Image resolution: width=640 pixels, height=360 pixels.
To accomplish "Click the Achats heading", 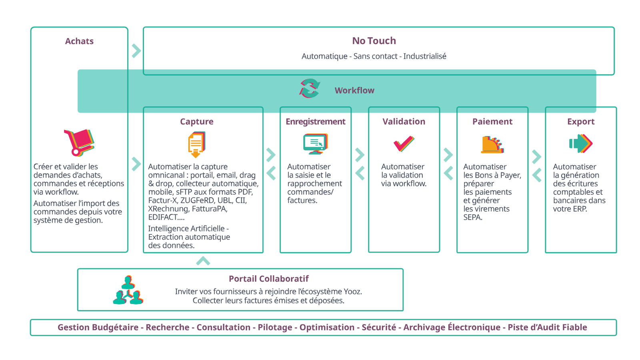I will point(79,41).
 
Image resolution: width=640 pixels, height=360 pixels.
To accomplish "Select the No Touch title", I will point(374,41).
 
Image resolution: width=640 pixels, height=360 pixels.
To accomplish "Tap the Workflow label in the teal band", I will point(354,90).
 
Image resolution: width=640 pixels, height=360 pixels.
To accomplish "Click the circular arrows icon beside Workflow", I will point(310,88).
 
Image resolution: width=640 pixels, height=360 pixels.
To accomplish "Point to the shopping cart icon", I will point(79,142).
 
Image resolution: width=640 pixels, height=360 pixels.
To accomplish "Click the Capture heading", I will point(196,122).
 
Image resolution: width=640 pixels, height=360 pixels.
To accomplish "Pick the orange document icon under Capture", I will point(196,145).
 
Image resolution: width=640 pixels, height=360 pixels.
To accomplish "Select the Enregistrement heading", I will point(315,122).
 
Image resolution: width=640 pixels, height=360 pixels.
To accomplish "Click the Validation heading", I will point(404,122).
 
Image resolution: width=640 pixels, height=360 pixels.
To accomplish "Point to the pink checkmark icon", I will point(404,144).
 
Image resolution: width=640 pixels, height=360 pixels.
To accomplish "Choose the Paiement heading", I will point(492,122).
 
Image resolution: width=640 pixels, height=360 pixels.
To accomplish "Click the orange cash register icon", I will point(492,145).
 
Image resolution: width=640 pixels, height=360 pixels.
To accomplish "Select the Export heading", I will point(580,122).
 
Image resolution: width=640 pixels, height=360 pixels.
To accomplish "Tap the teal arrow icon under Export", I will point(580,144).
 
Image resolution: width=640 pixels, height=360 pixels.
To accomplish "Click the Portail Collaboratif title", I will point(268,279).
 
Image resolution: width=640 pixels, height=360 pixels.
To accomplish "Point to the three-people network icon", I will point(128,290).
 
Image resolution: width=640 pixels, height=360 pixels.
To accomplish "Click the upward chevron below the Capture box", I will point(203,262).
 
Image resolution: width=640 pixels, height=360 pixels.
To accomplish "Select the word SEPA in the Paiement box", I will point(473,218).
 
